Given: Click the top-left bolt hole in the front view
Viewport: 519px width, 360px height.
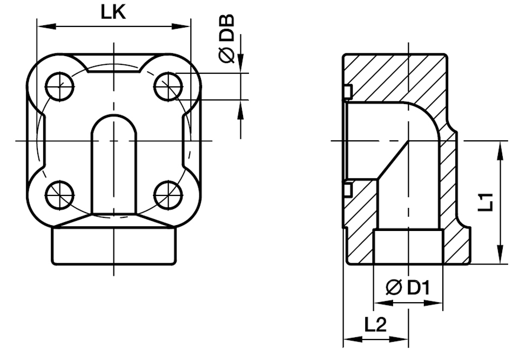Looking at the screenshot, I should click(59, 86).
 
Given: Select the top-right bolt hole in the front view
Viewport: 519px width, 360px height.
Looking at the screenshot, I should click(167, 86).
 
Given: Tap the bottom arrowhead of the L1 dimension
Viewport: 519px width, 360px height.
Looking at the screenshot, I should click(502, 257).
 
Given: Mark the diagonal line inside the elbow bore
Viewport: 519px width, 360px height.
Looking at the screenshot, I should click(393, 160).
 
